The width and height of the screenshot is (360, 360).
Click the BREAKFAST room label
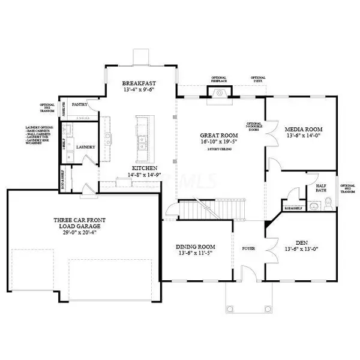tap(139, 83)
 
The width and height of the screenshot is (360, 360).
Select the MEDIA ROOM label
tap(305, 129)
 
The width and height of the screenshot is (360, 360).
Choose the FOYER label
tap(248, 246)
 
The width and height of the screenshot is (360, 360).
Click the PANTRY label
tap(80, 104)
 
